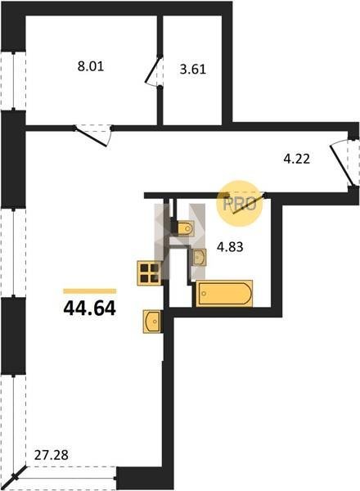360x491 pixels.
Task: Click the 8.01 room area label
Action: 91,66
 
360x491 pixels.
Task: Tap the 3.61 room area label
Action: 193,69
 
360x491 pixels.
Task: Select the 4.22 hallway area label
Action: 297,159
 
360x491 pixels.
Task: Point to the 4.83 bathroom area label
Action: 230,247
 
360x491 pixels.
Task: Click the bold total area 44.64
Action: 90,308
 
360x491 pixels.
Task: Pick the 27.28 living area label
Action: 51,455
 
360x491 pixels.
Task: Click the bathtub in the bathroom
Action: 224,293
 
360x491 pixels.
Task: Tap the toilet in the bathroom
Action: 185,228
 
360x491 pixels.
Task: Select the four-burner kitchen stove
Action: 150,273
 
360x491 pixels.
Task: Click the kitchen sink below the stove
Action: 152,321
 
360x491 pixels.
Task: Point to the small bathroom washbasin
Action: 200,258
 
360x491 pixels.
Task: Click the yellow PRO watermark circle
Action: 240,204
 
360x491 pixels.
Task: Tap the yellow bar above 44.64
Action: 90,291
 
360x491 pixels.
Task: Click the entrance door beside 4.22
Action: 344,164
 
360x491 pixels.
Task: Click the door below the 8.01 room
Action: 93,136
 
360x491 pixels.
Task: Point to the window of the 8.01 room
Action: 13,81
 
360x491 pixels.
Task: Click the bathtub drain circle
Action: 205,294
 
